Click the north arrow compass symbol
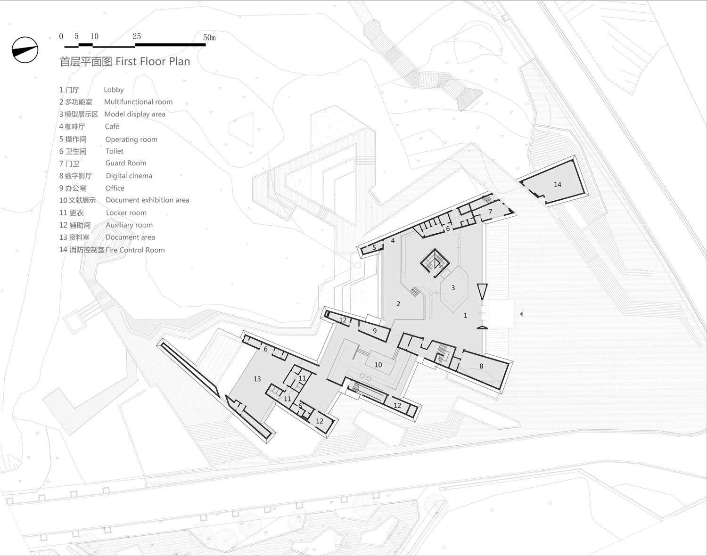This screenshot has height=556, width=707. point(25,50)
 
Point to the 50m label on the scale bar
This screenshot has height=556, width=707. point(209,37)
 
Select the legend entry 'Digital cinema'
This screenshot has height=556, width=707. point(129,176)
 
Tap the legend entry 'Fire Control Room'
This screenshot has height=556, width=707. point(135,250)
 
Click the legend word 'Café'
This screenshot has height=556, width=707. point(112,126)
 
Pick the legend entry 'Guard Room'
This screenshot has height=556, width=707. point(126,163)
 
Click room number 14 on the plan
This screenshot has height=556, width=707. point(558,185)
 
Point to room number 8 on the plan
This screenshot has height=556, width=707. point(481,366)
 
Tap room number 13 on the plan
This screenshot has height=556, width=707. point(257,379)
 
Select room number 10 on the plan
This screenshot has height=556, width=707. point(378,365)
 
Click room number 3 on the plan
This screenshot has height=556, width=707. point(453,288)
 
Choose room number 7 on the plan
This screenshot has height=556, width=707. point(490,212)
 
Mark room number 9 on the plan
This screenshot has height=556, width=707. point(375,331)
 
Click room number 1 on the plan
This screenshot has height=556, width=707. point(465,315)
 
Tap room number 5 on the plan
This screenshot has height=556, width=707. point(374,247)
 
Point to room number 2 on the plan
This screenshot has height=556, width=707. point(398,304)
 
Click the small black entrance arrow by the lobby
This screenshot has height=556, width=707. point(521,314)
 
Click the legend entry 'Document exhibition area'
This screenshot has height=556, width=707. point(147,200)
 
